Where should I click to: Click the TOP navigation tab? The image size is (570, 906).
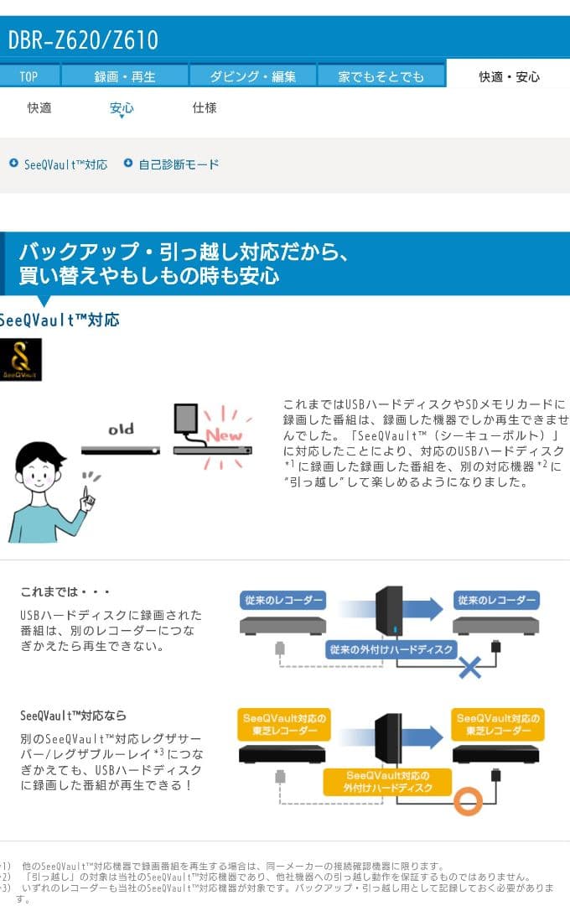point(28,76)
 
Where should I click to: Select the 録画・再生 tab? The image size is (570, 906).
point(125,76)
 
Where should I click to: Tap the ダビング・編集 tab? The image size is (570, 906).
point(252,76)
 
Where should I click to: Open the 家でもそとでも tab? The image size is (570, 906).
point(381,76)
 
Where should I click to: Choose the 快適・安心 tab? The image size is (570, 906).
point(509,76)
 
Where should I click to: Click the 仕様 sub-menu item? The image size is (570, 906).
point(205,107)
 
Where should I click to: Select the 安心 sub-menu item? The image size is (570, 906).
point(122,108)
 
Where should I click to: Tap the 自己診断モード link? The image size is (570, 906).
point(178,164)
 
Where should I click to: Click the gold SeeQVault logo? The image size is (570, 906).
point(20,360)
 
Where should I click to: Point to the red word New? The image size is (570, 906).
point(224,435)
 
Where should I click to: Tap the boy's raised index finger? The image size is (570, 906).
point(85,489)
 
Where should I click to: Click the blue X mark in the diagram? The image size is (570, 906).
point(470,668)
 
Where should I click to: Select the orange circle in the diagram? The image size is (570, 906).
point(468,801)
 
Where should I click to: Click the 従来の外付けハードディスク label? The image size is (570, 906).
point(391,649)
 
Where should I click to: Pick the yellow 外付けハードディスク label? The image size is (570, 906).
point(387,782)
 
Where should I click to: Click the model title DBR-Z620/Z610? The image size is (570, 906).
point(83,39)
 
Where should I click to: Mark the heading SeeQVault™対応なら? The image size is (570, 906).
point(74,716)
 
